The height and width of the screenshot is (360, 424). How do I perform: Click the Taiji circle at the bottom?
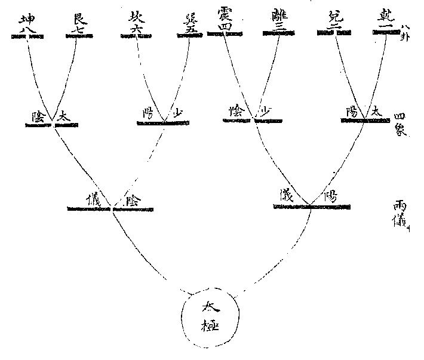[212, 319]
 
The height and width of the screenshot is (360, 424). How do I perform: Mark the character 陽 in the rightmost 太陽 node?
[352, 112]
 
